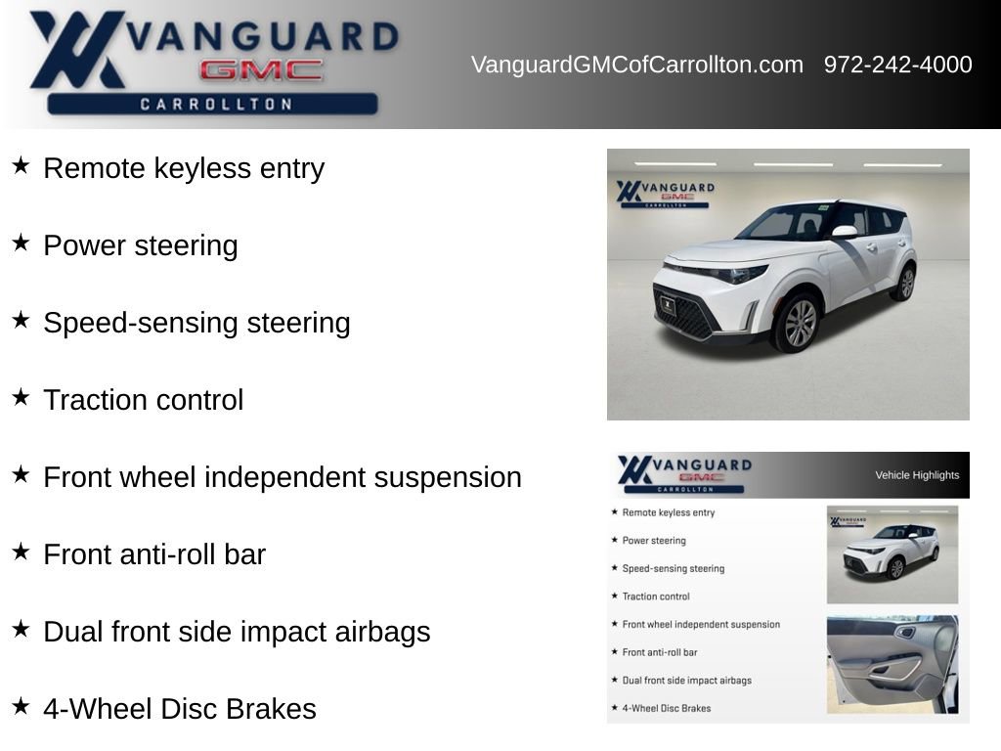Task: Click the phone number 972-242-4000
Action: [897, 65]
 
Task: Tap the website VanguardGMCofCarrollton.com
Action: [637, 65]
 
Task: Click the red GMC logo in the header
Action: [261, 70]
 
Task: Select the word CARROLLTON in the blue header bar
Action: [216, 104]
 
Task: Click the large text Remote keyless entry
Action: [184, 169]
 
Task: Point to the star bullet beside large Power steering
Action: [21, 243]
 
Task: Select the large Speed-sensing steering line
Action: [196, 323]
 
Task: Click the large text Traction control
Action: [144, 400]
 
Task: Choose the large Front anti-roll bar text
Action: [154, 554]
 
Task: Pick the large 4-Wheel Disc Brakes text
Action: [180, 709]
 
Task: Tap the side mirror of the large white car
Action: [845, 232]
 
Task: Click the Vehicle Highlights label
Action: [917, 475]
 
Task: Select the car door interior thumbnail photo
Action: [892, 664]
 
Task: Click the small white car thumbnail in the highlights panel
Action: [892, 554]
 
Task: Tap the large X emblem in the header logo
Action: [76, 49]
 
